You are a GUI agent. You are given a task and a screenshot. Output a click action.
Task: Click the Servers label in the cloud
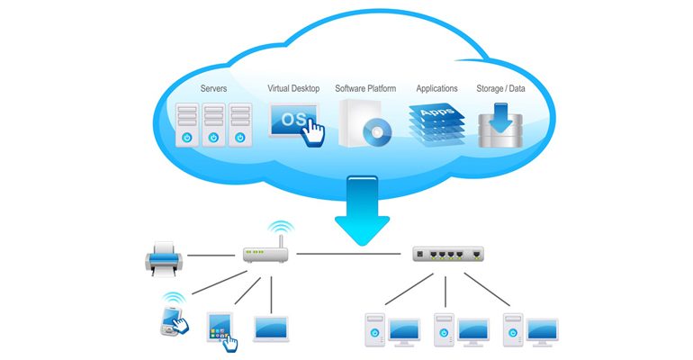click(x=213, y=89)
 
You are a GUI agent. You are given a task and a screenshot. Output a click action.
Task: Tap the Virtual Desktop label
click(x=294, y=89)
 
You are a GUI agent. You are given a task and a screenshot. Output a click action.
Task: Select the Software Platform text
click(x=367, y=89)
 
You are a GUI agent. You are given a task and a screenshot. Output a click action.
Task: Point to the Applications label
click(x=436, y=89)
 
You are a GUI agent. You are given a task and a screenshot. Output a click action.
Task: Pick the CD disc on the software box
click(x=375, y=133)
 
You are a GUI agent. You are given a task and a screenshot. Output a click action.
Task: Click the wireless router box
click(x=267, y=254)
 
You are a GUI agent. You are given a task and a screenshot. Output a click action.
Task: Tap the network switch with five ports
click(x=445, y=254)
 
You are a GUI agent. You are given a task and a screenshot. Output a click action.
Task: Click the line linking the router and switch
click(x=351, y=254)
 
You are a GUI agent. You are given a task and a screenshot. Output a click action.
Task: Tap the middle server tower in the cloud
click(x=213, y=124)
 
